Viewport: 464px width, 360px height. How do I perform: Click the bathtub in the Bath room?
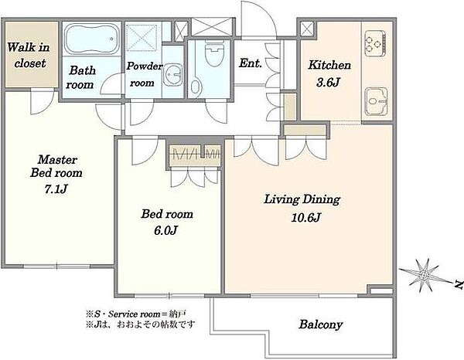(92, 39)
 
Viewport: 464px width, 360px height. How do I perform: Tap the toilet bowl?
(214, 55)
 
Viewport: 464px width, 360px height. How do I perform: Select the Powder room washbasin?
(172, 74)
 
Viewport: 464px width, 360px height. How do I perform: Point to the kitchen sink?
(376, 101)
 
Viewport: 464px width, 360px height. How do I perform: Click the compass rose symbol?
(424, 276)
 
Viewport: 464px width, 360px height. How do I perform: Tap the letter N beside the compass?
(459, 284)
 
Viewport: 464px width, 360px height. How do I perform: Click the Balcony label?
(320, 324)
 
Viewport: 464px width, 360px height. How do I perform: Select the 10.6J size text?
(305, 218)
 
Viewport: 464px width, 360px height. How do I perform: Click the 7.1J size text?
(56, 188)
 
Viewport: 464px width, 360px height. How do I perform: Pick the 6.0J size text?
(165, 230)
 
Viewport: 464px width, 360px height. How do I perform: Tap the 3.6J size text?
(328, 82)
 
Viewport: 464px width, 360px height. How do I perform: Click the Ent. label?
(251, 63)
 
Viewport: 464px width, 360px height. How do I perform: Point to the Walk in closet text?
(29, 55)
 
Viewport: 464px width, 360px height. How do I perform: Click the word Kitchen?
(329, 65)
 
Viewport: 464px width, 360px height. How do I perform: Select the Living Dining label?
(302, 199)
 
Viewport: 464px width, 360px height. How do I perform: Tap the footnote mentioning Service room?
(136, 314)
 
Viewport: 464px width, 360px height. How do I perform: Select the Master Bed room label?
(56, 166)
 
